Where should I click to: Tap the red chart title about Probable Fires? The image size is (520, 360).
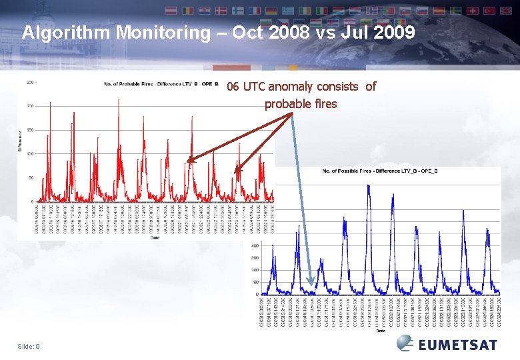coord(161,83)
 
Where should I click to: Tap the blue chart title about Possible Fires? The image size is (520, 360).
coord(379,171)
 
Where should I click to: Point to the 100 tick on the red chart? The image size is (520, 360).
coord(30,154)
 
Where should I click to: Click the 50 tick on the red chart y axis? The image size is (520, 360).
coord(31,178)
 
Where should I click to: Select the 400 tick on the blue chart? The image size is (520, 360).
coord(255,245)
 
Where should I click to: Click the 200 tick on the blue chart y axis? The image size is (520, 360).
coord(255,270)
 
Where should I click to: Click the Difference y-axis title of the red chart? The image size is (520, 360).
coord(20,141)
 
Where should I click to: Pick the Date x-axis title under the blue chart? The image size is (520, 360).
coord(380,329)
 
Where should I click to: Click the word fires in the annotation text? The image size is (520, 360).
coord(325,104)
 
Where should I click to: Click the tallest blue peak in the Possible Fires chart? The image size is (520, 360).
coord(369,187)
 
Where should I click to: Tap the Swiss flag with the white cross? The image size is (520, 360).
coord(472,11)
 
